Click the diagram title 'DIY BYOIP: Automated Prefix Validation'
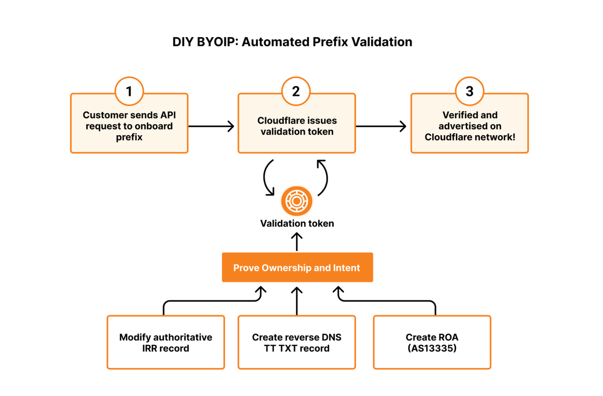point(292,42)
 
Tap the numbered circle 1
point(129,91)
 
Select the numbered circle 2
point(296,91)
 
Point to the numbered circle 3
point(469,91)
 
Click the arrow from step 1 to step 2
point(211,126)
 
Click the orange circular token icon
point(296,201)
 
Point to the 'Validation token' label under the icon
point(296,224)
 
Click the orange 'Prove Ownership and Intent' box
point(297,268)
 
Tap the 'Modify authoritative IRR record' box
point(165,343)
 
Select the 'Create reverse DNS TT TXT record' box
point(296,343)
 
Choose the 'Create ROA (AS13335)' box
point(432,343)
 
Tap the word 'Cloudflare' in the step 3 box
point(447,137)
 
